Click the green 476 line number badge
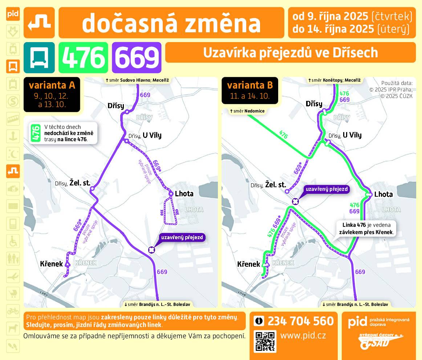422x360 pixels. click(83, 57)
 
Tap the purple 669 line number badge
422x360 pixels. click(137, 57)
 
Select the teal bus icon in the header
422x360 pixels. click(39, 57)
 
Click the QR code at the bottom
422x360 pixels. click(265, 341)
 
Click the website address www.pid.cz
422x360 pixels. click(303, 335)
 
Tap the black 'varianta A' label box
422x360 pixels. click(52, 95)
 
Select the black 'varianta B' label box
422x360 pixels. click(250, 90)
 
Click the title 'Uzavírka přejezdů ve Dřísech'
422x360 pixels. click(290, 53)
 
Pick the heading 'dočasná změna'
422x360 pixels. click(171, 23)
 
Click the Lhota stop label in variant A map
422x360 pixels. click(184, 194)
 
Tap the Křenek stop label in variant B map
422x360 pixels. click(249, 264)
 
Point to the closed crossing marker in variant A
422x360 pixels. click(151, 249)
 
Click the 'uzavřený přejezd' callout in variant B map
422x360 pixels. click(326, 189)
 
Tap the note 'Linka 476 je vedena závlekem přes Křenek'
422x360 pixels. click(367, 228)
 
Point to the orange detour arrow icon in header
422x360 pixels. click(39, 22)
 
